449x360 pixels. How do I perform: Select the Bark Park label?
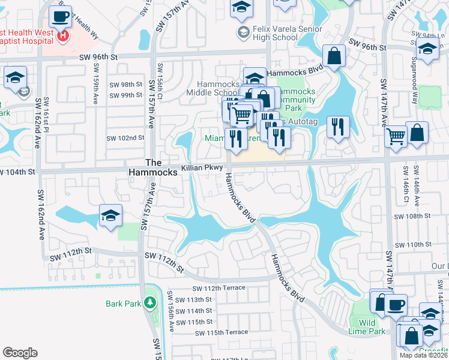click(123, 304)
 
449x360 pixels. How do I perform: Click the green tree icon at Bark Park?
click(150, 303)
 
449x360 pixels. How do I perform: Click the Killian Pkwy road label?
click(202, 168)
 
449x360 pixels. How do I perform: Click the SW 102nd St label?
click(125, 137)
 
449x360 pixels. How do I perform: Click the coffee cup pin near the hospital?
click(60, 17)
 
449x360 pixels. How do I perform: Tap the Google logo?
click(20, 353)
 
